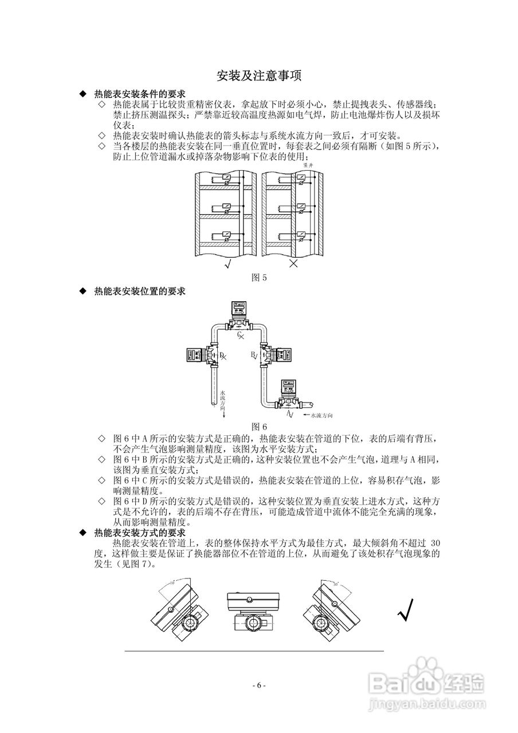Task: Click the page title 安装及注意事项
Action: click(x=259, y=76)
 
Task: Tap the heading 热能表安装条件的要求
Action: click(x=139, y=94)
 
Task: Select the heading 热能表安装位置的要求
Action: click(x=139, y=291)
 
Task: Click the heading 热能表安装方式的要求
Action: click(x=139, y=533)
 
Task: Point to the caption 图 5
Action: click(x=260, y=278)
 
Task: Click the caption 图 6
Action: click(x=260, y=426)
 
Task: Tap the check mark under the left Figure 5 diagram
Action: click(x=228, y=264)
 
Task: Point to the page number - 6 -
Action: click(x=259, y=685)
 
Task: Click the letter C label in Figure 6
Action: click(x=240, y=334)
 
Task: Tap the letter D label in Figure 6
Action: click(x=222, y=356)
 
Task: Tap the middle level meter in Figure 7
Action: click(x=251, y=611)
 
